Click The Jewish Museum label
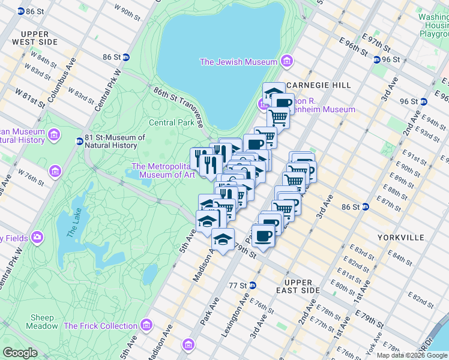tap(238, 62)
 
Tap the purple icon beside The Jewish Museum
tap(286, 62)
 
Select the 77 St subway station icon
tap(253, 286)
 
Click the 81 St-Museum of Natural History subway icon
tap(79, 142)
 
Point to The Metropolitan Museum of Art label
tap(163, 171)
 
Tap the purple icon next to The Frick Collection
tap(145, 326)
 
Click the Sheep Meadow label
tap(42, 322)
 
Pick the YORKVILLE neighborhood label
tap(401, 238)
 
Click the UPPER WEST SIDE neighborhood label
tap(38, 38)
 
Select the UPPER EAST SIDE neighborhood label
tap(298, 287)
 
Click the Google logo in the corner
tap(20, 353)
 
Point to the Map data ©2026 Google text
tap(411, 355)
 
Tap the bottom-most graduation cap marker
tap(223, 239)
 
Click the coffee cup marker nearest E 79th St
tap(262, 235)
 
